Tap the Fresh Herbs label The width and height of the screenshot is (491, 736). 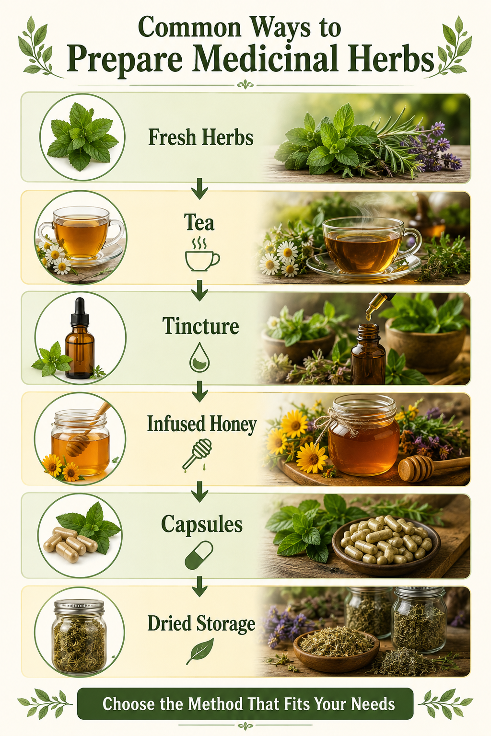click(200, 137)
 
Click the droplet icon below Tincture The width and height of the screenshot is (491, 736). click(199, 357)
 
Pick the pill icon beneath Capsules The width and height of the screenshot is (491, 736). click(199, 555)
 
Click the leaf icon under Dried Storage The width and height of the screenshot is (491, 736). click(199, 651)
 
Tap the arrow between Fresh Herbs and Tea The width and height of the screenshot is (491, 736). click(199, 188)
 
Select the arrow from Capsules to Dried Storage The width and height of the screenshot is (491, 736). click(199, 586)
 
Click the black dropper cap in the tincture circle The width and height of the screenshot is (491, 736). click(80, 311)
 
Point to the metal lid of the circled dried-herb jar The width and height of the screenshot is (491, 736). click(79, 606)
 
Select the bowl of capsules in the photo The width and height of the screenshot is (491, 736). click(386, 545)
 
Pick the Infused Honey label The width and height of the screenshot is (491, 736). click(201, 424)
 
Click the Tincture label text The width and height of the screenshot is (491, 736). click(200, 326)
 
